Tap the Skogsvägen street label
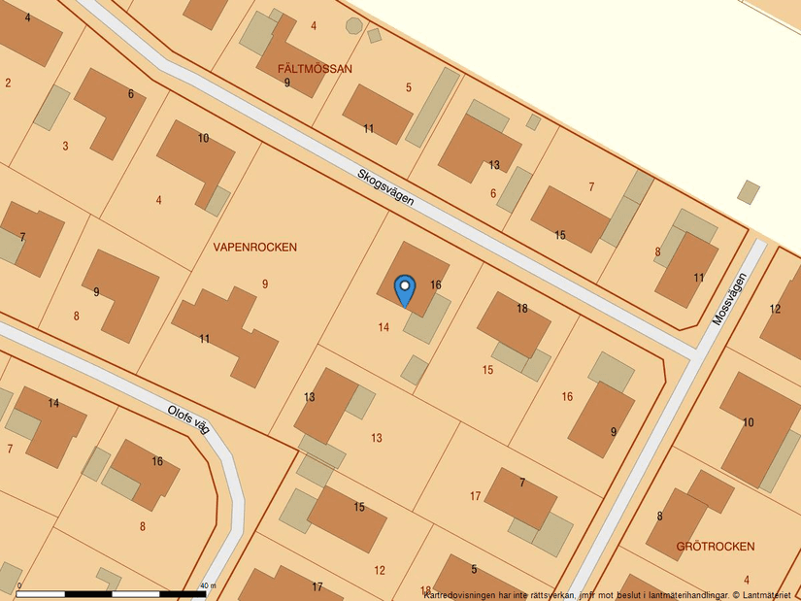coord(385,187)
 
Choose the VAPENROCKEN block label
coord(254,248)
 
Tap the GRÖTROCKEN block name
coord(716,547)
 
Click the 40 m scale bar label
coord(207,585)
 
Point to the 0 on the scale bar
coord(19,585)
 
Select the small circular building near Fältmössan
coord(354,26)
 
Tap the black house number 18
coord(522,309)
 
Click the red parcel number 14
coord(384,327)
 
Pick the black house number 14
coord(53,403)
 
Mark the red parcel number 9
coord(264,284)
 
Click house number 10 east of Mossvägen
coord(748,422)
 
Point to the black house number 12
coord(775,310)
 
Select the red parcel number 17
coord(475,496)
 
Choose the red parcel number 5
coord(409,87)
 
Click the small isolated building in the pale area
coord(749,191)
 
